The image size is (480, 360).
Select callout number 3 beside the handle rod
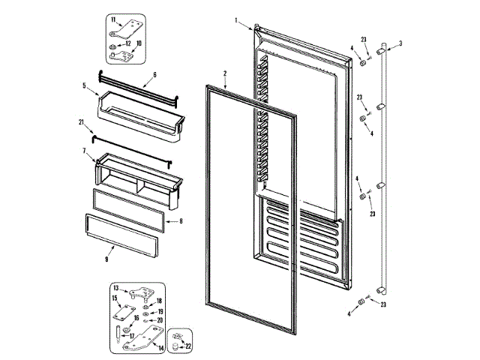400,43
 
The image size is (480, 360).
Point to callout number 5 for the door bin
84,86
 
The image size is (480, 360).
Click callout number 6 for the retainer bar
154,75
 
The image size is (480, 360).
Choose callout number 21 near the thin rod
81,123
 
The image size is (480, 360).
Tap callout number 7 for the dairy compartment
84,151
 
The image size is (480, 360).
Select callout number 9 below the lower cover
106,259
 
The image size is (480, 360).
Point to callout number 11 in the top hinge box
113,19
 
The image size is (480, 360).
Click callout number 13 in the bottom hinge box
116,287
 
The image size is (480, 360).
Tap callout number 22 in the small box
188,346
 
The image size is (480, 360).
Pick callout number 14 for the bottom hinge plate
162,349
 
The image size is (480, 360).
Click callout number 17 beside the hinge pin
133,336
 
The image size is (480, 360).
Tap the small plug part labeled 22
177,344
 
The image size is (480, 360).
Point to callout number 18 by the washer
159,301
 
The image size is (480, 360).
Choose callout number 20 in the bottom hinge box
159,320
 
